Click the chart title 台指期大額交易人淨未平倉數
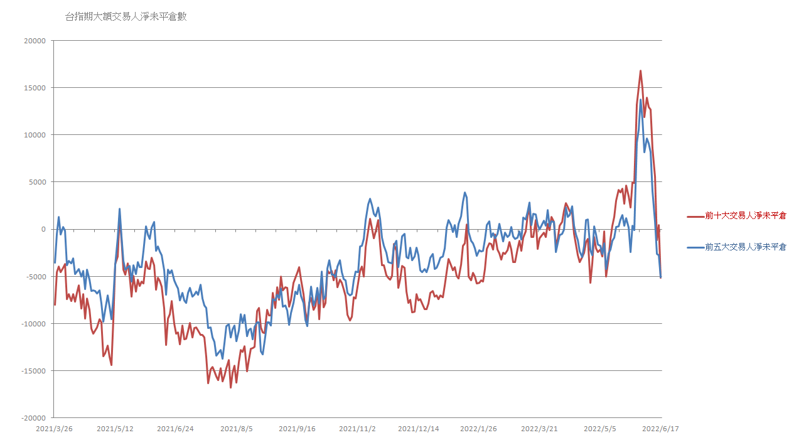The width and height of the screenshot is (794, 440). coord(126,17)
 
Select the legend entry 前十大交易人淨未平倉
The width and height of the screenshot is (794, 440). coord(745,216)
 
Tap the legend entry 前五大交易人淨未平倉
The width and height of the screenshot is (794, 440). coord(745,247)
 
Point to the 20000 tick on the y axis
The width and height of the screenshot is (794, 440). coord(35,41)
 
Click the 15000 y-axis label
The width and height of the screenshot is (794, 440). coord(35,88)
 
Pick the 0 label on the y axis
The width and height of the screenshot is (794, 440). coord(43,229)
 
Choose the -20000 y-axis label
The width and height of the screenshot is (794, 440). coord(33,417)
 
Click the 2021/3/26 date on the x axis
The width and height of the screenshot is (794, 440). coord(53,429)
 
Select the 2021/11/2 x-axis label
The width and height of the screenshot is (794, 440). coord(357,429)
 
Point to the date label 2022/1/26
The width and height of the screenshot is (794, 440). coord(478,429)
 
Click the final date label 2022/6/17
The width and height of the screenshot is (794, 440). coord(662,429)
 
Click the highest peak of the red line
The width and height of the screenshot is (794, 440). coord(641,71)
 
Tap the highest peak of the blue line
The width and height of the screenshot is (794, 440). coord(641,100)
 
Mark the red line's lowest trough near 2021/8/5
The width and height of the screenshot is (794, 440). coord(230,387)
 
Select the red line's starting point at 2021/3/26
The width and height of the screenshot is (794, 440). coord(55,304)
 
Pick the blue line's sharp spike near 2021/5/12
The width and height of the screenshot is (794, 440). coord(119,209)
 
